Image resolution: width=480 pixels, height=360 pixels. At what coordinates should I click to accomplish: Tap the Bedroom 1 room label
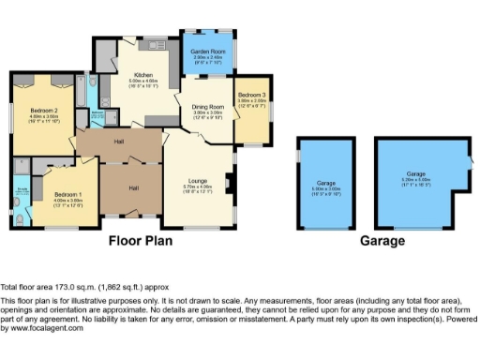67,195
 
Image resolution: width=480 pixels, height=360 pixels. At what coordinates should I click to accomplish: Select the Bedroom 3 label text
251,95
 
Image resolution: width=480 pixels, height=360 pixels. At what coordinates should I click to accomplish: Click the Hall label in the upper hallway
120,142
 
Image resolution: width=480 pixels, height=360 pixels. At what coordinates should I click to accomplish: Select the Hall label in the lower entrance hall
134,188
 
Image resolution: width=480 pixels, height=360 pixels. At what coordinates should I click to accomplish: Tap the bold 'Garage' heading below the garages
382,241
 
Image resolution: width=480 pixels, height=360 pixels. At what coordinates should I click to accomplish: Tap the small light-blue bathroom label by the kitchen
97,112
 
